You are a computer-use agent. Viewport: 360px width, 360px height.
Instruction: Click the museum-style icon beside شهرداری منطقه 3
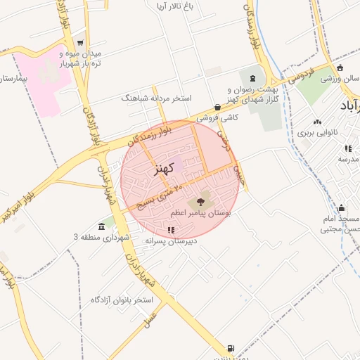tap(103, 226)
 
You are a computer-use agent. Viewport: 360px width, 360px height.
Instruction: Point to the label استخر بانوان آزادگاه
tap(122, 300)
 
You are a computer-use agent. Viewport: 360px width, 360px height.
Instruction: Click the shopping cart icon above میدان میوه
tap(80, 43)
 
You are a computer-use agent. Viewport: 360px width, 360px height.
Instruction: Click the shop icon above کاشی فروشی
tap(217, 108)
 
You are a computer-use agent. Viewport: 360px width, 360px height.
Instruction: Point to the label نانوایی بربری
tap(317, 132)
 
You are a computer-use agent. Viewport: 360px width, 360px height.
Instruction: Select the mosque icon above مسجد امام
tap(341, 208)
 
